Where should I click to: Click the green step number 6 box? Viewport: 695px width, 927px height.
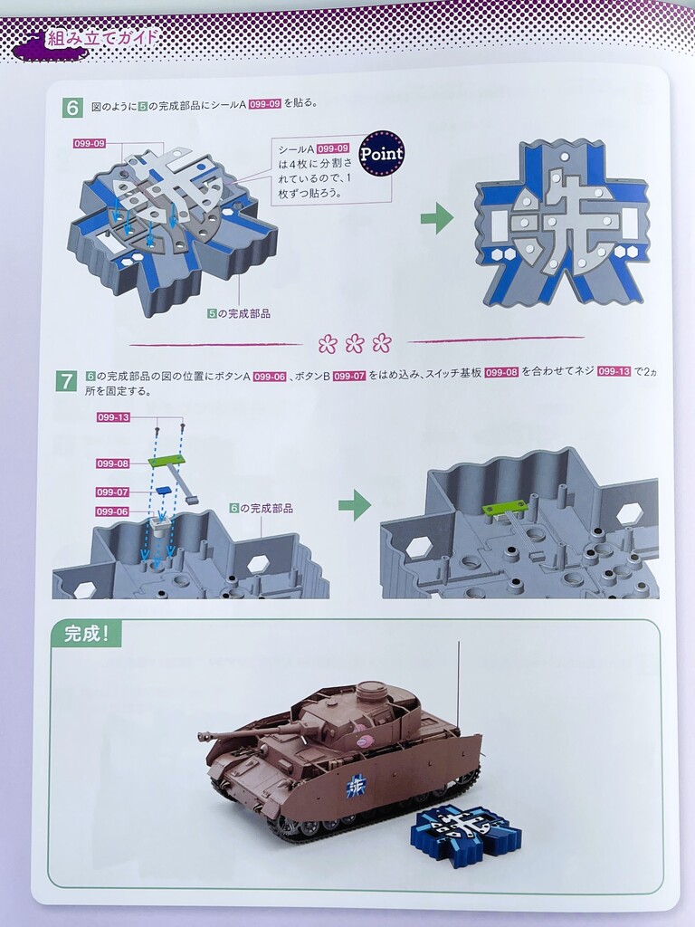(x=72, y=107)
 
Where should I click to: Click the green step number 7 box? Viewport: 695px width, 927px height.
(x=65, y=380)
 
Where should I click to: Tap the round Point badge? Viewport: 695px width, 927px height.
(x=382, y=154)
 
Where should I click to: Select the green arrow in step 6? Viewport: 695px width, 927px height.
(x=437, y=218)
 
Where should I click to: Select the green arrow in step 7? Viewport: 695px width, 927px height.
(x=355, y=505)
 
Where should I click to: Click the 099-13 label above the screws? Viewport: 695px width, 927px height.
(x=113, y=417)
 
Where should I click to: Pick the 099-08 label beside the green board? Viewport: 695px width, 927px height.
(x=113, y=463)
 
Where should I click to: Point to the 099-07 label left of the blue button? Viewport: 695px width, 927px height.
(x=113, y=492)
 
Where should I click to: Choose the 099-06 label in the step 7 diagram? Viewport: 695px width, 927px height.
(x=112, y=511)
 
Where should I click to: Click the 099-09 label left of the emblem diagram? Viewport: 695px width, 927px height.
(x=90, y=144)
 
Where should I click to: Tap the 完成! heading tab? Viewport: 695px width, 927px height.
(x=86, y=635)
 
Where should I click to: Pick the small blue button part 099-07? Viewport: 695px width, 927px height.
(x=163, y=489)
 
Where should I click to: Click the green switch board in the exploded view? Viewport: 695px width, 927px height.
(x=166, y=459)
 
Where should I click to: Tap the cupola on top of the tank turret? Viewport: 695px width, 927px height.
(x=368, y=689)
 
